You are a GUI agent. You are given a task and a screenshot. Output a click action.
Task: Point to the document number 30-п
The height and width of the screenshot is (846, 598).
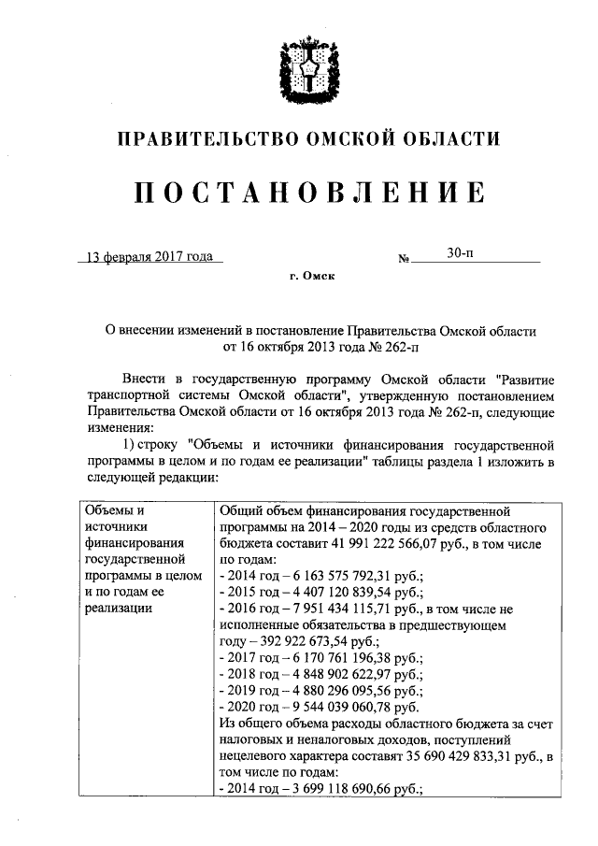(x=458, y=253)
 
